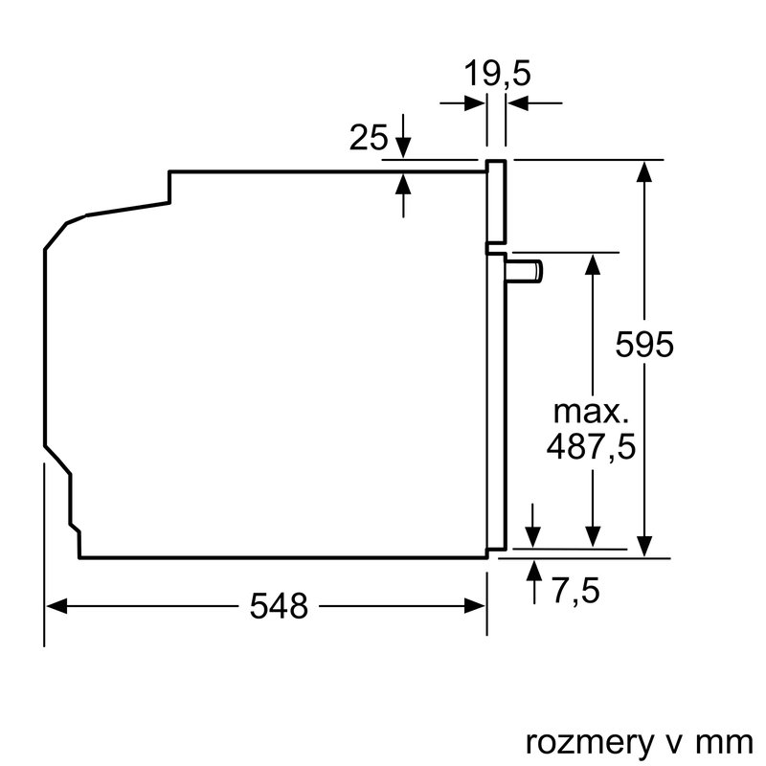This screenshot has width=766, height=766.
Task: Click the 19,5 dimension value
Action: coord(497,74)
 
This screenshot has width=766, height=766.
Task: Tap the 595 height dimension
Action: coord(644,344)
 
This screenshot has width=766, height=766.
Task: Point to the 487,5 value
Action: coord(591,446)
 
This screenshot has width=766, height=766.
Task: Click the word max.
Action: coord(591,413)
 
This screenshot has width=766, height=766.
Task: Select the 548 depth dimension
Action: coord(280,605)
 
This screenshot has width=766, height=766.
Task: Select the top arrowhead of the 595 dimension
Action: coord(646,171)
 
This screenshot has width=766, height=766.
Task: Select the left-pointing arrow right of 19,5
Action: coord(518,103)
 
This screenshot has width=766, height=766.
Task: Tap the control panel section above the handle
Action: coord(496,201)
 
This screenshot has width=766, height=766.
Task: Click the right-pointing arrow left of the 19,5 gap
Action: coord(475,103)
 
